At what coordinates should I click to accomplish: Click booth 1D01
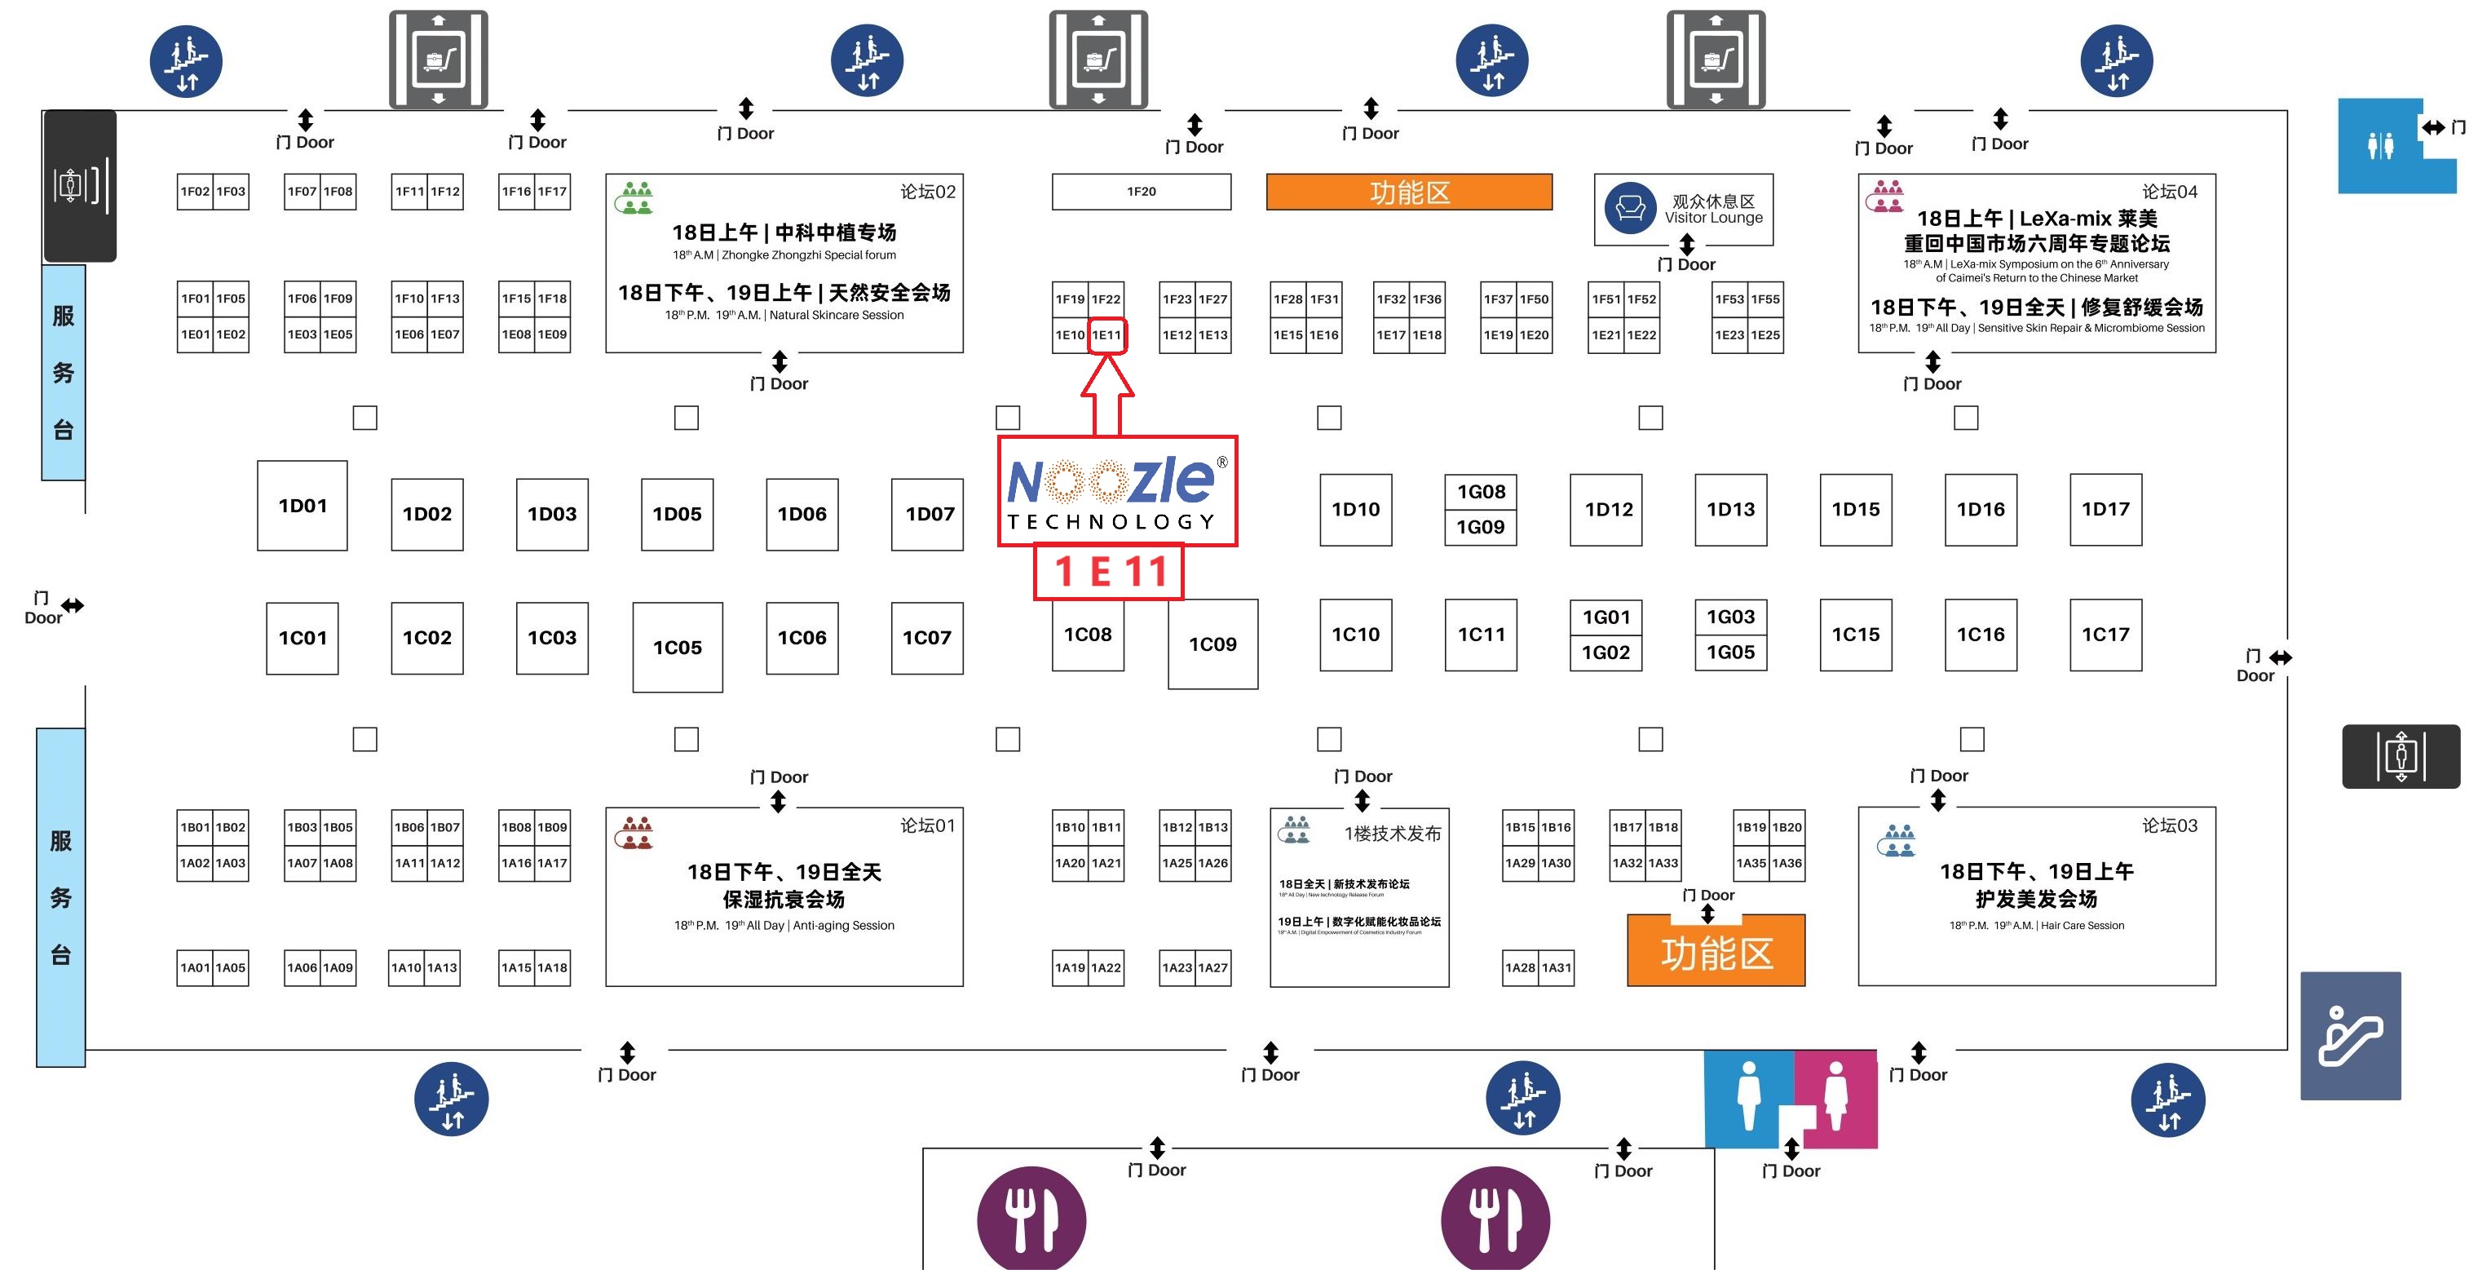pyautogui.click(x=302, y=506)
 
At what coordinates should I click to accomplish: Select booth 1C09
pyautogui.click(x=1212, y=644)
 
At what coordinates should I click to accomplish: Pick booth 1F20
pyautogui.click(x=1141, y=192)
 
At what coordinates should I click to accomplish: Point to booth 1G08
pyautogui.click(x=1481, y=493)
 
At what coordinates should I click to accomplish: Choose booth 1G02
pyautogui.click(x=1606, y=653)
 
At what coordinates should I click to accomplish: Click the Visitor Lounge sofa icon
pyautogui.click(x=1630, y=208)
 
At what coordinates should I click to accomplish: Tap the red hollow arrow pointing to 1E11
pyautogui.click(x=1107, y=393)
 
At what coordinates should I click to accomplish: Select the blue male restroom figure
pyautogui.click(x=1748, y=1095)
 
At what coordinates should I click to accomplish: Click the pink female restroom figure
pyautogui.click(x=1835, y=1095)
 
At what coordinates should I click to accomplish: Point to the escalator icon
pyautogui.click(x=2350, y=1036)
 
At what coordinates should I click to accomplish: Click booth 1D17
pyautogui.click(x=2105, y=510)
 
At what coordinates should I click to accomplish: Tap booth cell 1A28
pyautogui.click(x=1520, y=968)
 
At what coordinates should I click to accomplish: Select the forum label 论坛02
pyautogui.click(x=927, y=192)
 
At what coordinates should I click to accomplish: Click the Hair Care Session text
pyautogui.click(x=2082, y=926)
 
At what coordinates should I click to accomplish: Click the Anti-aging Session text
pyautogui.click(x=843, y=926)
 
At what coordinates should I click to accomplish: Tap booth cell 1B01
pyautogui.click(x=195, y=827)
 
